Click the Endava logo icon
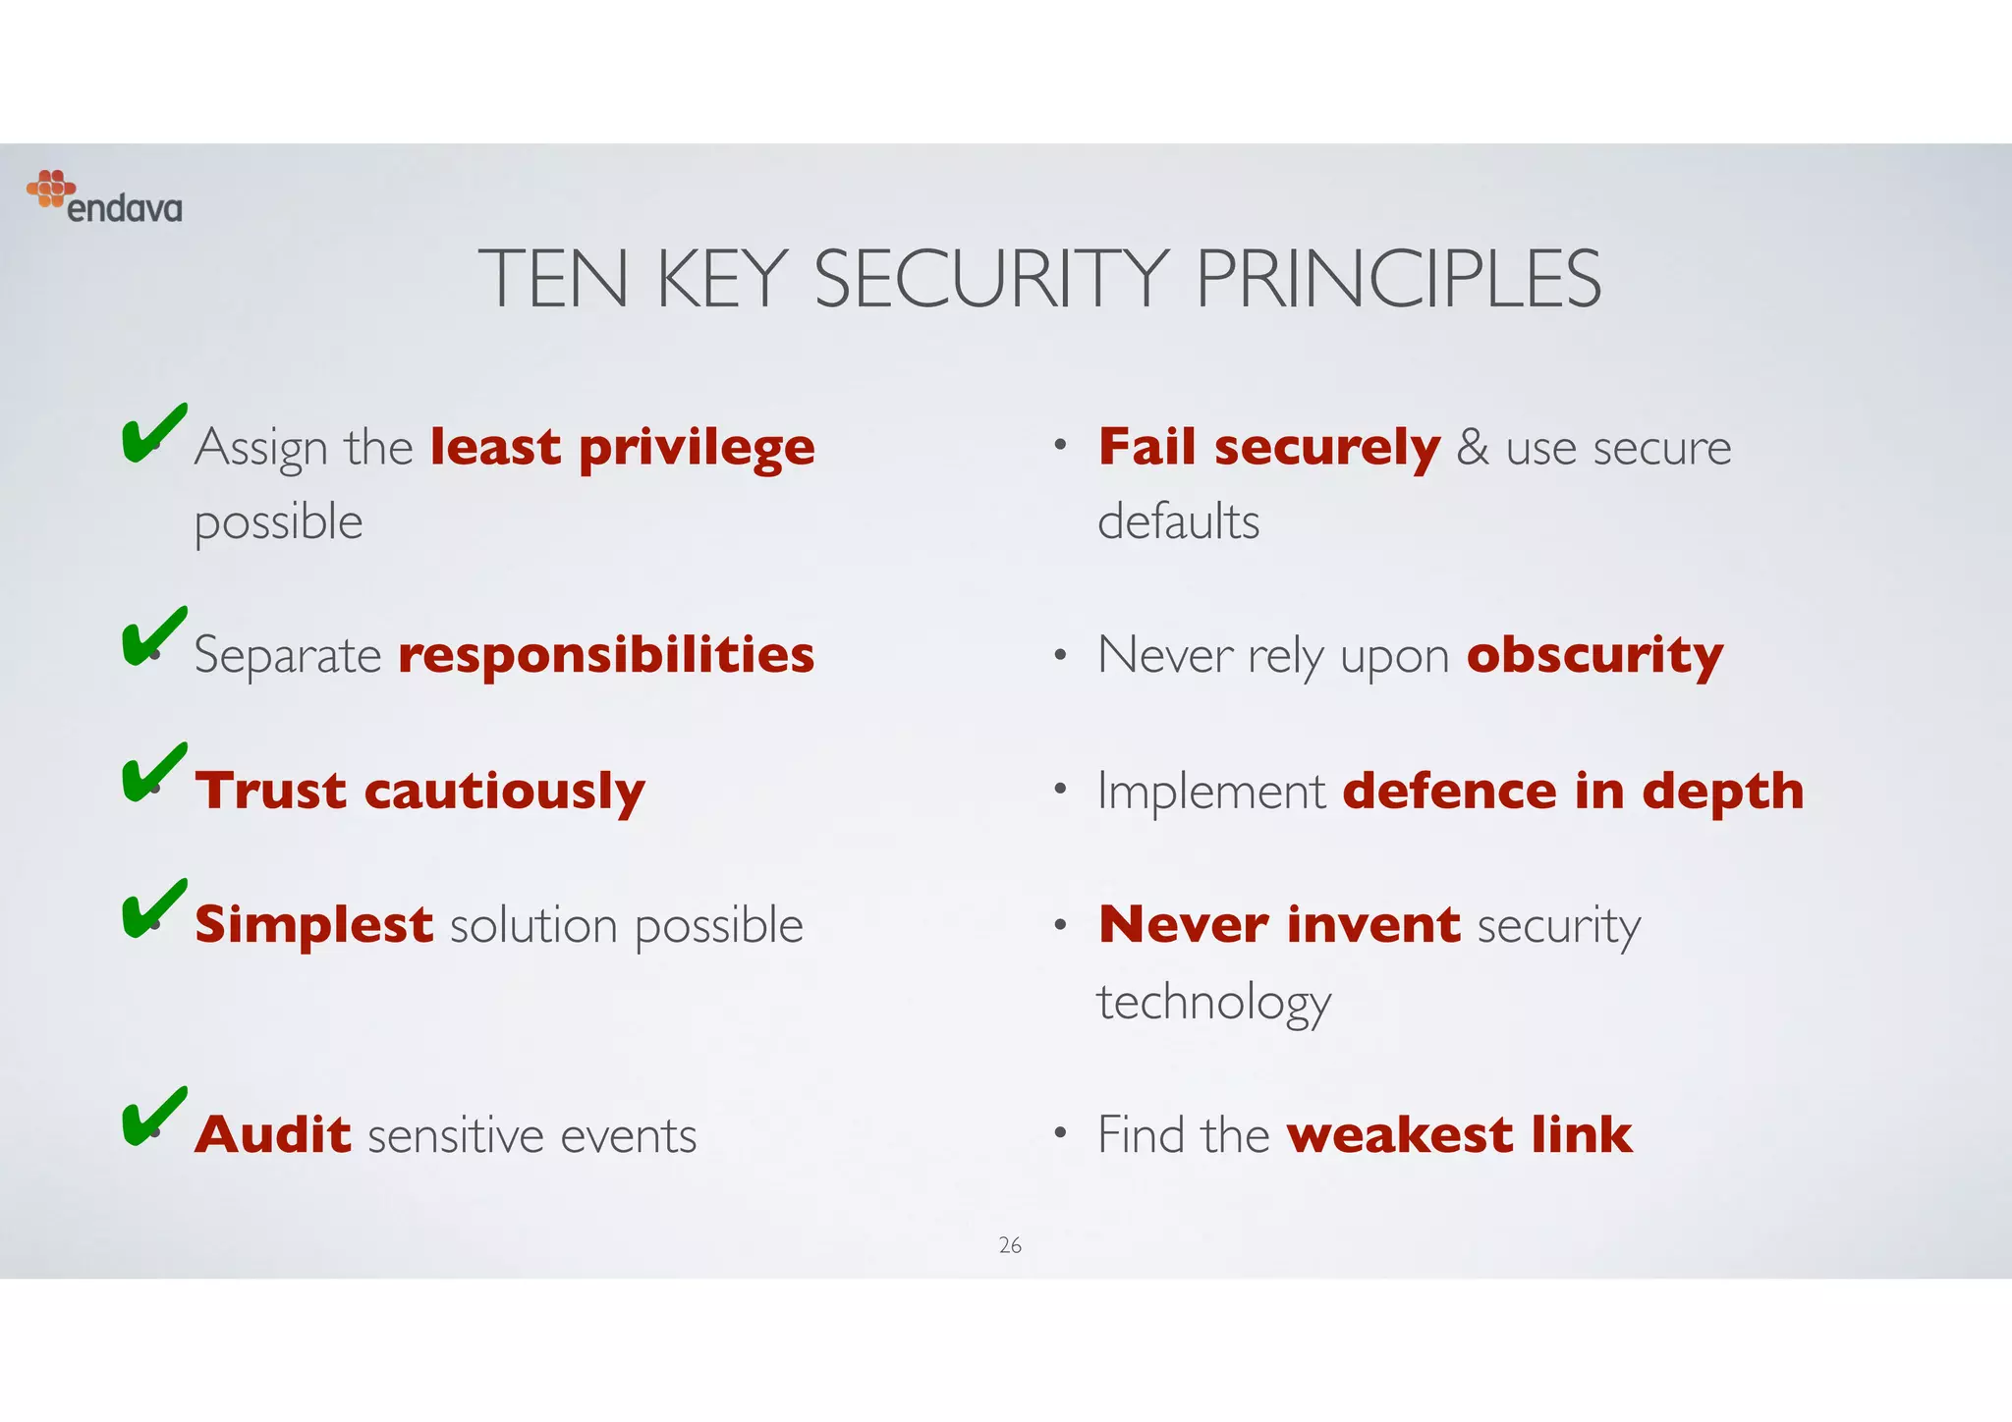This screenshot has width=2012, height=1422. pyautogui.click(x=51, y=189)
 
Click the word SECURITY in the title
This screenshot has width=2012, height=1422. pyautogui.click(x=991, y=280)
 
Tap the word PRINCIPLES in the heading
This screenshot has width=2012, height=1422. pyautogui.click(x=1398, y=280)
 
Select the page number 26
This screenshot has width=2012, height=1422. pyautogui.click(x=1010, y=1245)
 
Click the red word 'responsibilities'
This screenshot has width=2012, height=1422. pyautogui.click(x=606, y=655)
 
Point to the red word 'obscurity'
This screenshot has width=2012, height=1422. pyautogui.click(x=1594, y=655)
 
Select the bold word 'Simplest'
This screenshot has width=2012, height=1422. pyautogui.click(x=313, y=925)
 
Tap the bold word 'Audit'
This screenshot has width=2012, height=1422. pyautogui.click(x=273, y=1134)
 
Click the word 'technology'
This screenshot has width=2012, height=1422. pyautogui.click(x=1214, y=1003)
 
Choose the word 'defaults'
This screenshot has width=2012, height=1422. pyautogui.click(x=1178, y=521)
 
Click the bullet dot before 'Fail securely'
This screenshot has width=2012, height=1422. pyautogui.click(x=1060, y=446)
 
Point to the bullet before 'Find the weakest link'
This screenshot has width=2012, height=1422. pyautogui.click(x=1060, y=1133)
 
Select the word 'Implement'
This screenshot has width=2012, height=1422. pyautogui.click(x=1210, y=792)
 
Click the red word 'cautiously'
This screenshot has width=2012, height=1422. pyautogui.click(x=504, y=792)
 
